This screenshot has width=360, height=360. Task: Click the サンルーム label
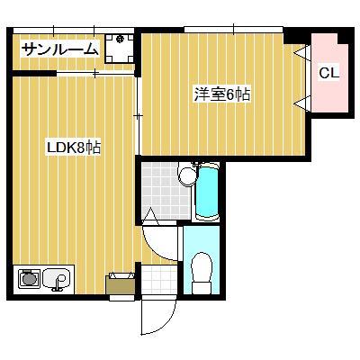tap(58, 49)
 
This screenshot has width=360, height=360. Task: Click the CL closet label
tap(329, 74)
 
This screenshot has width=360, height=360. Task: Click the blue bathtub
tap(208, 190)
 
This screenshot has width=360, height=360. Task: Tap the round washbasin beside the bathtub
tap(187, 175)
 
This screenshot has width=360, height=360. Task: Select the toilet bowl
tap(202, 267)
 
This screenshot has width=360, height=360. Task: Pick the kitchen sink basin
tap(56, 280)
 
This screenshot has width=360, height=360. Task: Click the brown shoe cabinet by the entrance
tap(121, 283)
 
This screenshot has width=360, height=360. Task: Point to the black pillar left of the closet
tap(295, 37)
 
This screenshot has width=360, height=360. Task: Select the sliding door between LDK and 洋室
tap(138, 117)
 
